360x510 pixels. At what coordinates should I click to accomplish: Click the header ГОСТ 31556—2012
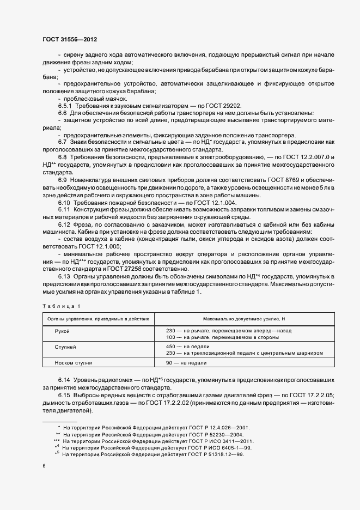(x=69, y=39)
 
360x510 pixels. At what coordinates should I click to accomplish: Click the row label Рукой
(x=63, y=331)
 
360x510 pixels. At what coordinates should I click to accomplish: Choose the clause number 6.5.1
(x=66, y=106)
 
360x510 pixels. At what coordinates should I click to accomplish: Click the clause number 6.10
(x=65, y=203)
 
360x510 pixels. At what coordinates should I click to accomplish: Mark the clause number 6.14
(x=65, y=379)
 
